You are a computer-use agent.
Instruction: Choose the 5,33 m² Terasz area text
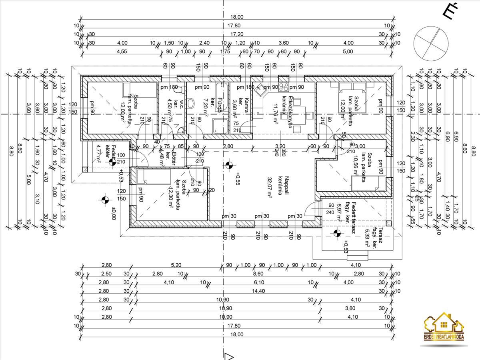click(x=367, y=239)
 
